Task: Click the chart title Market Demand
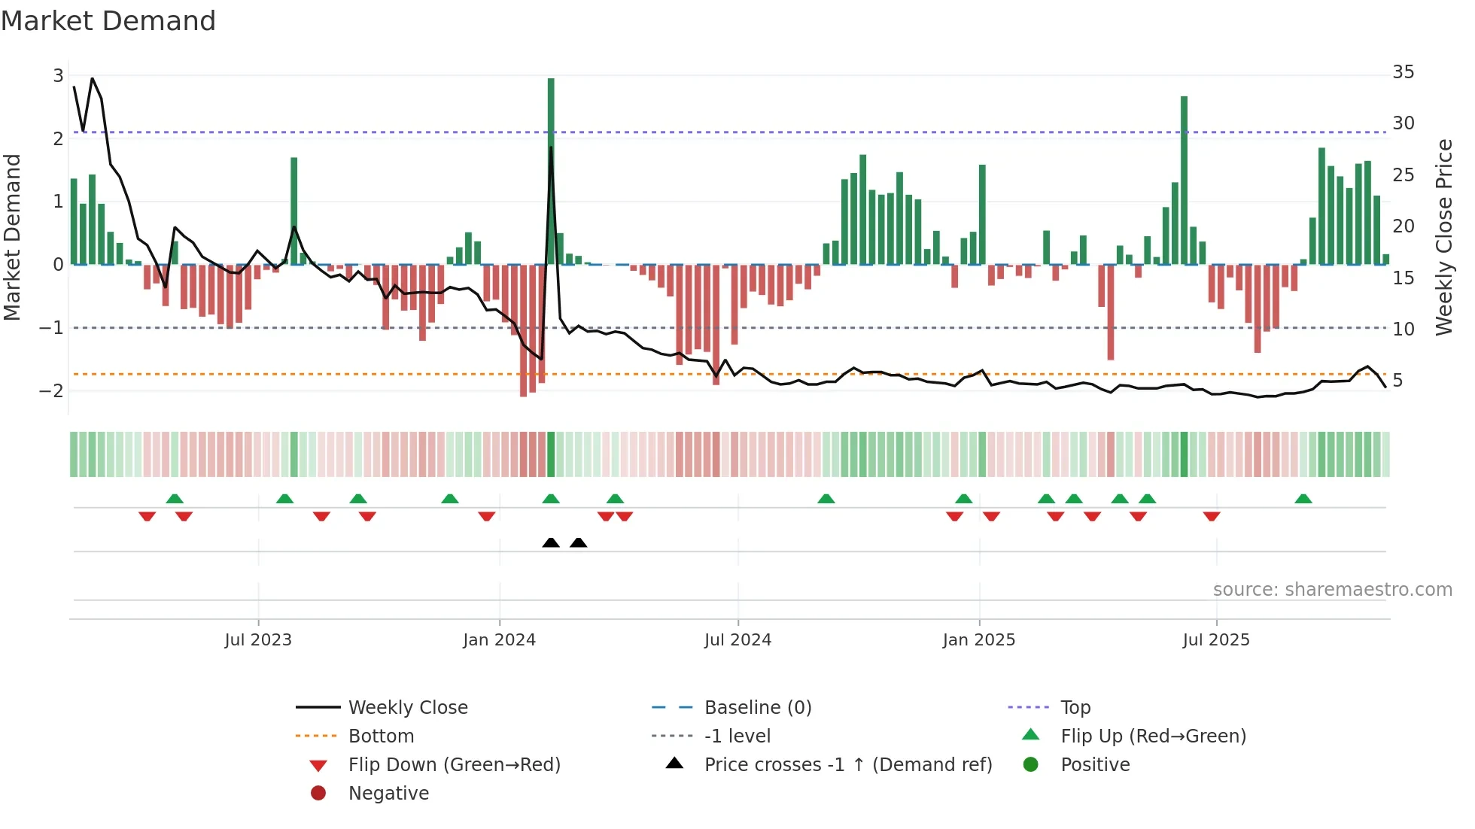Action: pos(108,21)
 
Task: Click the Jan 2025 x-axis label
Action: pos(978,640)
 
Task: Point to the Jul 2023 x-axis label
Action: pos(258,640)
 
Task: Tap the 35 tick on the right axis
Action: pos(1403,72)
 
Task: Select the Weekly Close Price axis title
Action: pos(1443,237)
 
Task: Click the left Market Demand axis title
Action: pos(12,237)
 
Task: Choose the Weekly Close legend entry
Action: pos(407,708)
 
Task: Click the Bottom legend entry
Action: pos(381,736)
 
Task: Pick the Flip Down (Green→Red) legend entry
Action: pos(454,765)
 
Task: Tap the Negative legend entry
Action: pos(388,794)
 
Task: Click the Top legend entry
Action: pos(1075,708)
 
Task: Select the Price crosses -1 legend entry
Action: pos(847,765)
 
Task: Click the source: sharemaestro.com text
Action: pos(1332,590)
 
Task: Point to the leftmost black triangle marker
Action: pos(551,542)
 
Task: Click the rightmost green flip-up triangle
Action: pos(1303,499)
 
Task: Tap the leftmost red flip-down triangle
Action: pos(147,516)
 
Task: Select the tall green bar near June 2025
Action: pos(1184,181)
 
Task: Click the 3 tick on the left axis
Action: pos(58,75)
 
